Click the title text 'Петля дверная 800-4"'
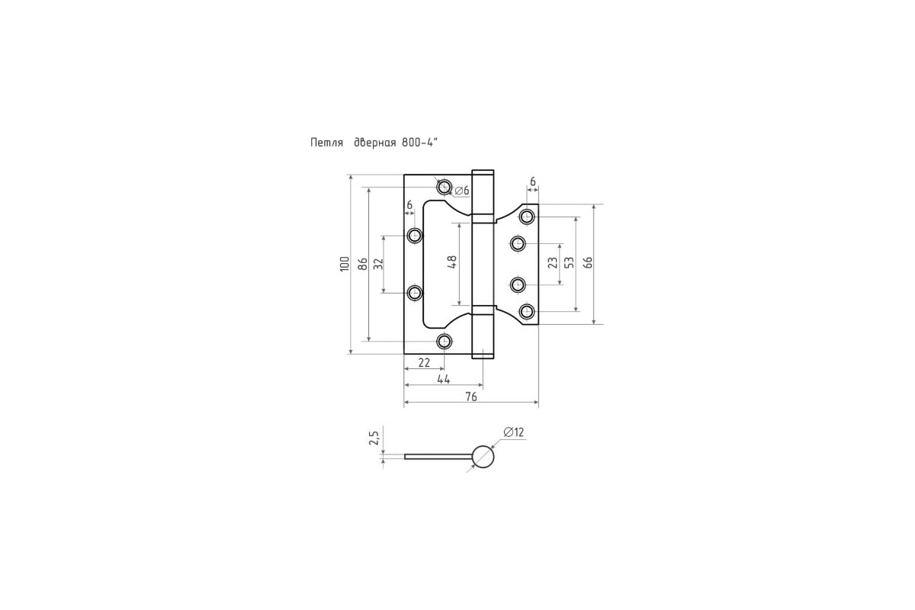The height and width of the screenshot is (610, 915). click(x=374, y=143)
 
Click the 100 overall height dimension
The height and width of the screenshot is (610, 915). click(x=345, y=264)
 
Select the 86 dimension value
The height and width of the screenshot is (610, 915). click(x=363, y=264)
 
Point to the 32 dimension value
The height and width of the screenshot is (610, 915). click(x=379, y=264)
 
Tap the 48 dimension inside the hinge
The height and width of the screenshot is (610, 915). click(x=451, y=262)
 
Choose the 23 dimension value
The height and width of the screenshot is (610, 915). click(x=552, y=262)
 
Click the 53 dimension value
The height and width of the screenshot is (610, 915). click(x=569, y=262)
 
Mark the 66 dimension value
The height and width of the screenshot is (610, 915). click(x=587, y=262)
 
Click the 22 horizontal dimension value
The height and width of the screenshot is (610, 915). click(x=424, y=362)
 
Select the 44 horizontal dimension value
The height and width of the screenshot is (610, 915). click(x=444, y=379)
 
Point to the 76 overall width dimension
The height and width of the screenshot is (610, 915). click(x=470, y=396)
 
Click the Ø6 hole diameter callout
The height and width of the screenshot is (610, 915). click(x=462, y=191)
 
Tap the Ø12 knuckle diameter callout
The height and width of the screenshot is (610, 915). click(x=513, y=432)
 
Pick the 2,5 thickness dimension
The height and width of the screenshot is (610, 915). click(x=374, y=438)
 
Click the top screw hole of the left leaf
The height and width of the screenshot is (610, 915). click(x=444, y=187)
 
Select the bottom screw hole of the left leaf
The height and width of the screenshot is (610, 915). click(x=444, y=341)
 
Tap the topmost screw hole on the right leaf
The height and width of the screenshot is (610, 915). click(x=527, y=217)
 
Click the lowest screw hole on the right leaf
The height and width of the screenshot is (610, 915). click(x=527, y=312)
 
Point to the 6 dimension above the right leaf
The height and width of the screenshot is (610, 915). click(x=532, y=181)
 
